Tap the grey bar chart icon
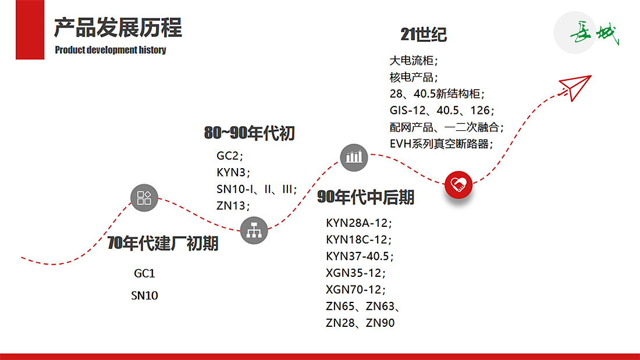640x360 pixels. tap(354, 156)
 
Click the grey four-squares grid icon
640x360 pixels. tap(144, 198)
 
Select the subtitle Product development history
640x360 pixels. tap(111, 50)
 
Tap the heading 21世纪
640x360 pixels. tap(424, 35)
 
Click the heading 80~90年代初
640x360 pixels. tap(249, 133)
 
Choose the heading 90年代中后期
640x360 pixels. tap(365, 198)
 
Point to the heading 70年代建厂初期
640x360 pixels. tap(163, 244)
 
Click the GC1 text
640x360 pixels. tap(144, 273)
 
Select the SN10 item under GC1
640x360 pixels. tap(144, 295)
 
